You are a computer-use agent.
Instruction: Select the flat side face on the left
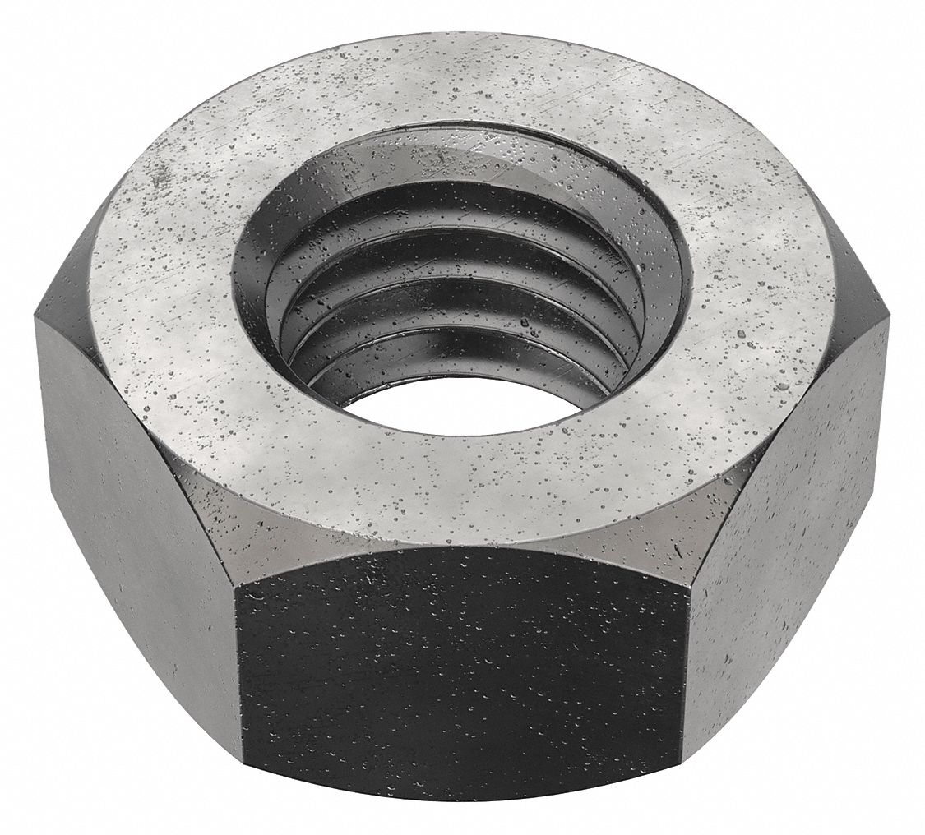[132, 493]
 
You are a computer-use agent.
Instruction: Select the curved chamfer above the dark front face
[460, 538]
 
